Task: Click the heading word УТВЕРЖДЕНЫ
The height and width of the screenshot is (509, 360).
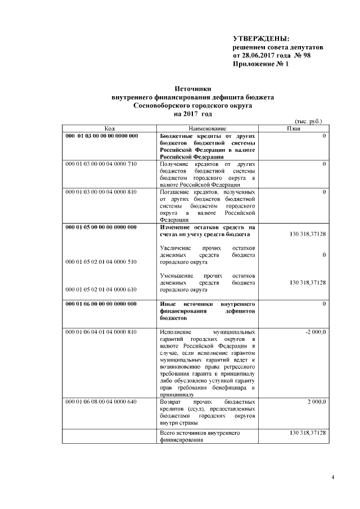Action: click(x=261, y=38)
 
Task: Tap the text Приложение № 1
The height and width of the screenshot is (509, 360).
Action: click(x=260, y=65)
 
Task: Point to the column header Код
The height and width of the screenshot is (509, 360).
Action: click(x=110, y=129)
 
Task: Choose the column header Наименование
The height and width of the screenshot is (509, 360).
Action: click(x=208, y=129)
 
